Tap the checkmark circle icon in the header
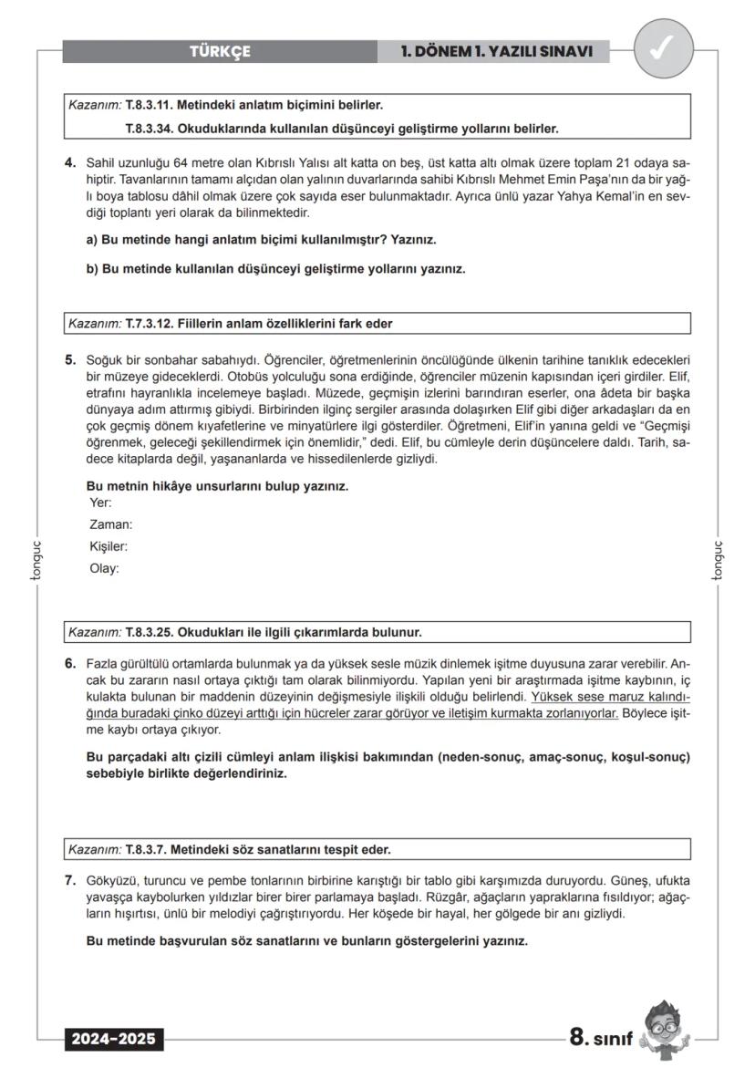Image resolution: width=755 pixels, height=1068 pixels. pos(661,51)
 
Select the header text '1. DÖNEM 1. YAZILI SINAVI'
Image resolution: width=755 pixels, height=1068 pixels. pos(497,52)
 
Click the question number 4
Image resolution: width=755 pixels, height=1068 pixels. pos(70,163)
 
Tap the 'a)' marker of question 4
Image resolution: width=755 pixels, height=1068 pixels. pos(92,240)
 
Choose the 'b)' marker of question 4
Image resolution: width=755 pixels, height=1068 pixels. pos(92,269)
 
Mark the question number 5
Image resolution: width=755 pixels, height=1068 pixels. pos(70,359)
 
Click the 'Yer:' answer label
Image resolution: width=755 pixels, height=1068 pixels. pos(100,503)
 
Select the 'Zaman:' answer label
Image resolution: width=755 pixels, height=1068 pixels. pos(110,524)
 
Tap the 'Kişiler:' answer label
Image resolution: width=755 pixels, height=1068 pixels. pos(109,546)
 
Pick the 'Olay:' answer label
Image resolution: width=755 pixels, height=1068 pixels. pos(104,568)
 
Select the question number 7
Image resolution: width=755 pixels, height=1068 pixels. pos(70,881)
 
